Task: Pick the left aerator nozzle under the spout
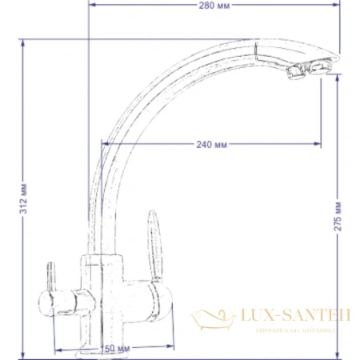[294, 74]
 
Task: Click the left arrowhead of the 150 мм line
[56, 348]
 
